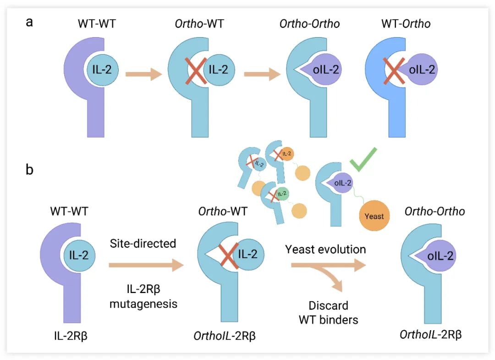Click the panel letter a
pos(29,22)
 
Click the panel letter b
pos(29,170)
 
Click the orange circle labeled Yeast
pos(374,216)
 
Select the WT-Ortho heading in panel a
pos(406,23)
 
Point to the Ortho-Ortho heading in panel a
pos(310,23)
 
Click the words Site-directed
pos(143,243)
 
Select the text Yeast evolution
pos(325,249)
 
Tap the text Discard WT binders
pos(328,312)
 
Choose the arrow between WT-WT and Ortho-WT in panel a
pos(143,73)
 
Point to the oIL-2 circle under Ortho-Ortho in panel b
pos(440,255)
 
